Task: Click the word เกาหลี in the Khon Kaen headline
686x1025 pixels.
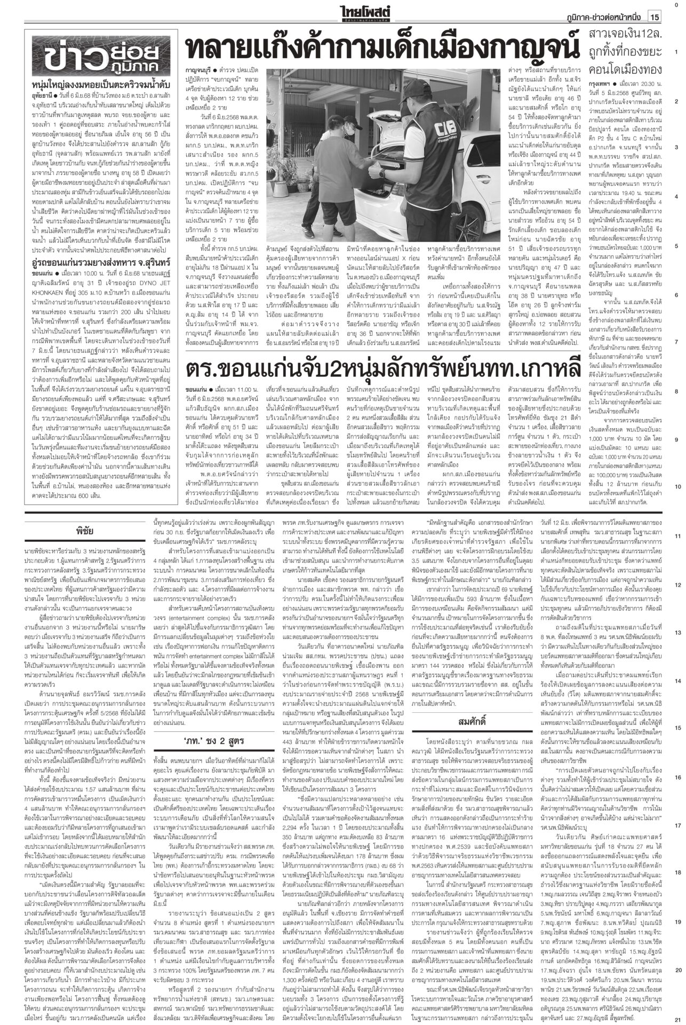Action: (x=539, y=369)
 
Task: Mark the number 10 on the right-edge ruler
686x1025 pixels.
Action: (x=676, y=487)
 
